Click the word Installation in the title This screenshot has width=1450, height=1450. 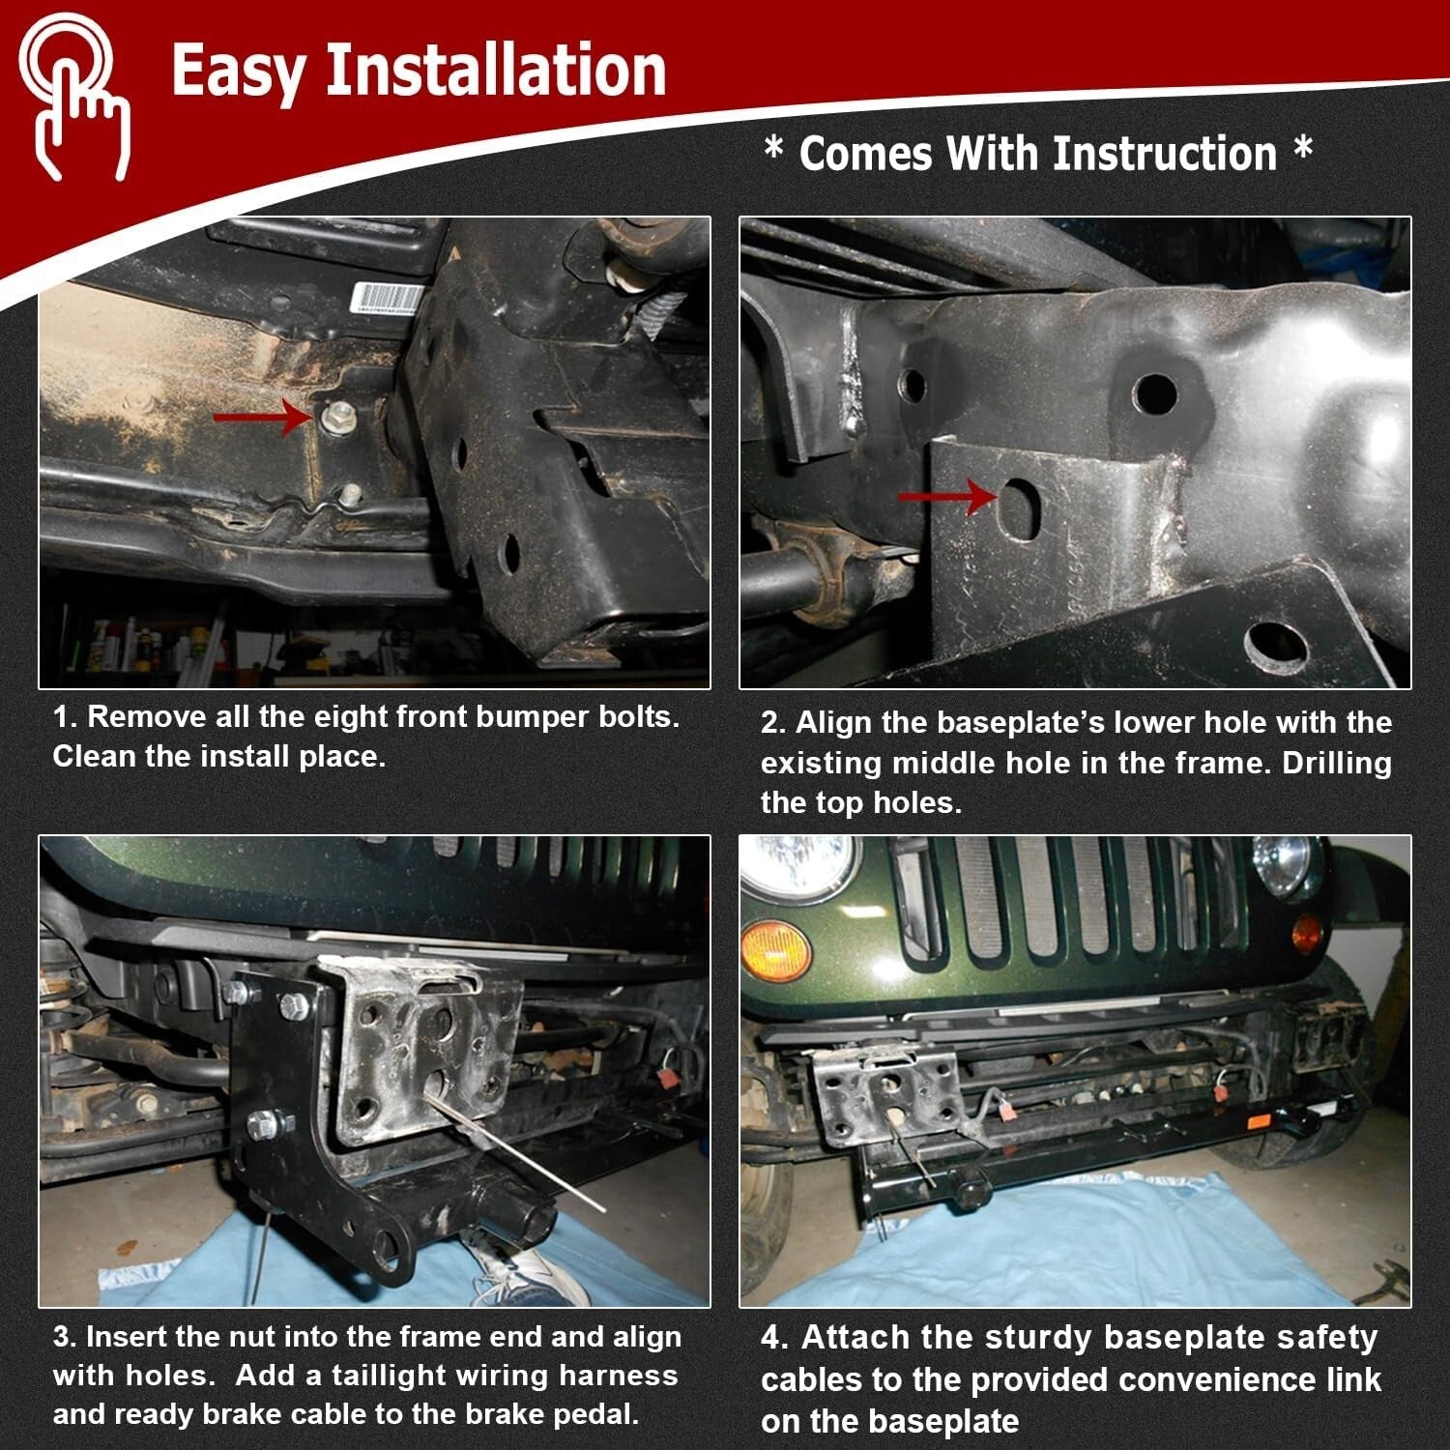point(495,70)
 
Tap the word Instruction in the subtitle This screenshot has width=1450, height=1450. point(1164,154)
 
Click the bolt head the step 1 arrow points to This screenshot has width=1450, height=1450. point(335,418)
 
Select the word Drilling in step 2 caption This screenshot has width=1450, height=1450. point(1337,763)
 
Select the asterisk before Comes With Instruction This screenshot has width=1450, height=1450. point(773,150)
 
